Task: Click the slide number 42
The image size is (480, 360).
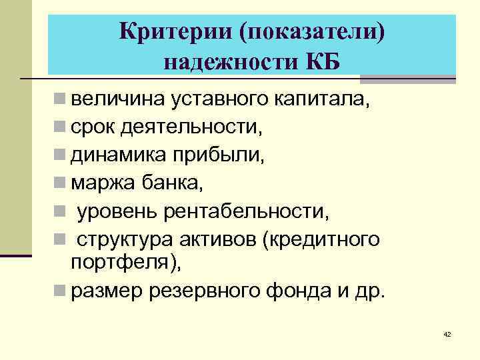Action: (x=447, y=334)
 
